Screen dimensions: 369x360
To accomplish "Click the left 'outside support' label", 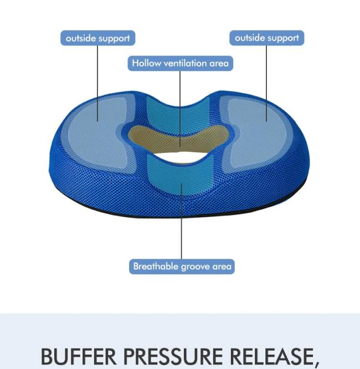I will (97, 38).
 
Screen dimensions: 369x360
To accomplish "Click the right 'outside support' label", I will (266, 38).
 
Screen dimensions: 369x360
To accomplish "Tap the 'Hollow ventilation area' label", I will (180, 63).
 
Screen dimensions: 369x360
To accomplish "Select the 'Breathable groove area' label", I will (182, 266).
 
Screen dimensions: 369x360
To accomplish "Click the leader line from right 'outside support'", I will (266, 78).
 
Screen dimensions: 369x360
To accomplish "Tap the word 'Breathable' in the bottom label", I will (153, 266).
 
